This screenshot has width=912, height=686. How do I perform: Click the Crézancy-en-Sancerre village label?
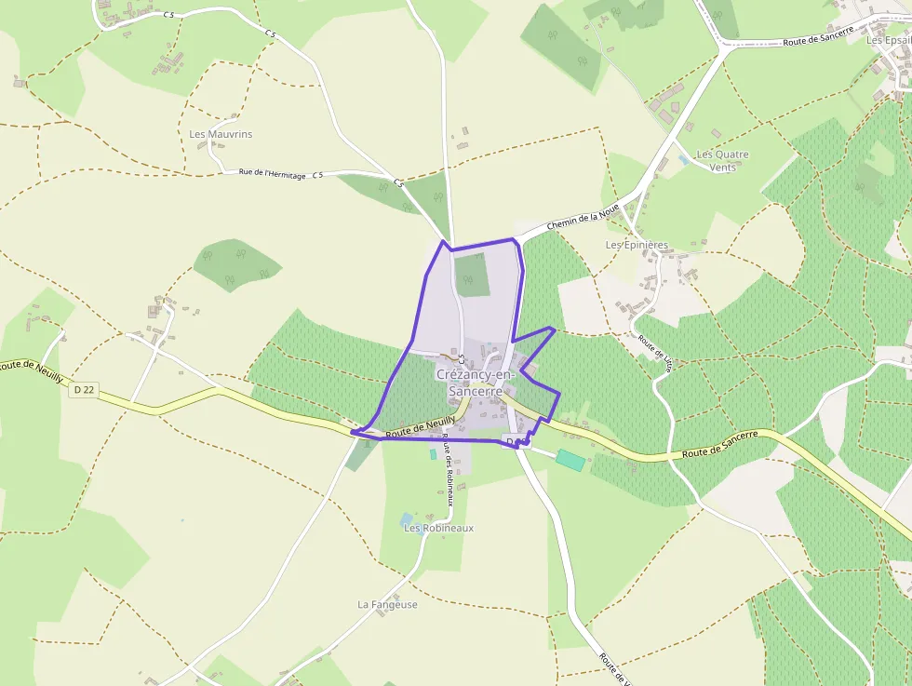pos(476,383)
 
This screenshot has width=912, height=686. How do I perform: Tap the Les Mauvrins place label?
pos(221,134)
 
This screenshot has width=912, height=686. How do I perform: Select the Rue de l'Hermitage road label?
pos(272,173)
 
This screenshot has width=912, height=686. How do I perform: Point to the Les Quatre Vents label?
pos(722,161)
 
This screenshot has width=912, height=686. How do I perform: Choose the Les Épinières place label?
pos(637,245)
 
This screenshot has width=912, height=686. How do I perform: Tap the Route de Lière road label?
pos(655,355)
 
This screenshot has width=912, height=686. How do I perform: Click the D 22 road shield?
pos(84,389)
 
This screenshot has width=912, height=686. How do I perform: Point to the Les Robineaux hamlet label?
pos(438,528)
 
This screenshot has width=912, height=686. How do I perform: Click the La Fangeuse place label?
pos(387,604)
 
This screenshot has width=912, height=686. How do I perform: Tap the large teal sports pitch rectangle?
pos(570,460)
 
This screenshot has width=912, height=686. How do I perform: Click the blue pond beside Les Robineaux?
pos(407,518)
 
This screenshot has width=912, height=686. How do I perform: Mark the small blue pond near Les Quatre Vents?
pos(685,160)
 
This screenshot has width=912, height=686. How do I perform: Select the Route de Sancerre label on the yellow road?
pos(720,444)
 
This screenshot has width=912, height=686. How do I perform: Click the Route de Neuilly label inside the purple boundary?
pos(420,427)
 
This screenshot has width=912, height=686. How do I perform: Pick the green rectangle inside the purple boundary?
pos(473,275)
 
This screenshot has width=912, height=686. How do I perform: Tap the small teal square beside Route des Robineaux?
pos(433,454)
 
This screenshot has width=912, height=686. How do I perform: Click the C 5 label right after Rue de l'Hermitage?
pos(317,175)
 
